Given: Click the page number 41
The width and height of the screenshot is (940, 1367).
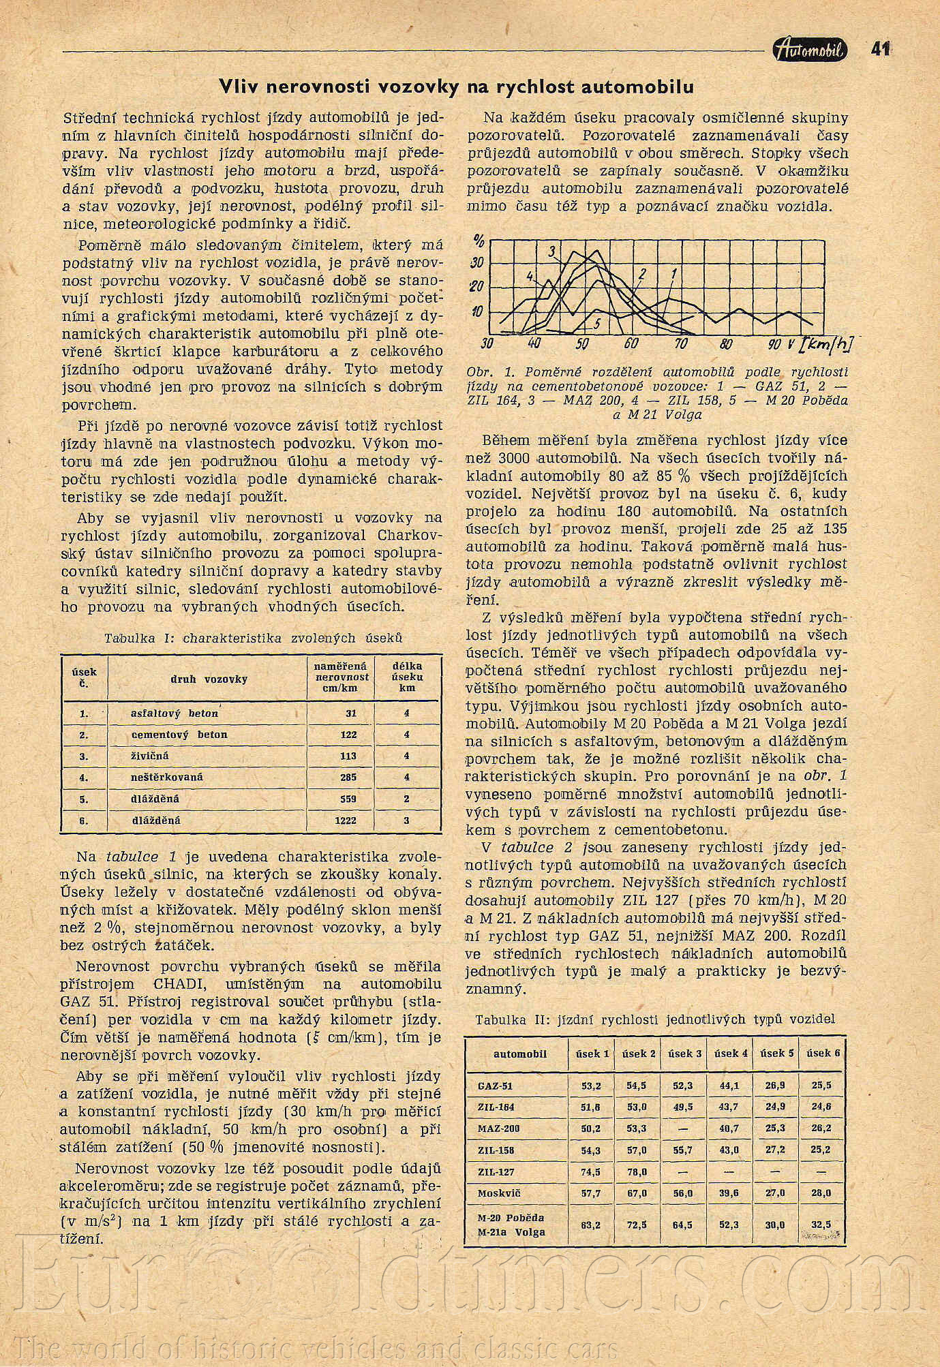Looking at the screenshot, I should (x=880, y=49).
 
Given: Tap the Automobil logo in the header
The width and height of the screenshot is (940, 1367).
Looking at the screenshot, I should (x=810, y=50).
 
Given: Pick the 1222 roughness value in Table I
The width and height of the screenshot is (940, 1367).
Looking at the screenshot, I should (x=346, y=820).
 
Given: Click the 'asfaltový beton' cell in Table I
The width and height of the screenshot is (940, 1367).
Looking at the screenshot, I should (x=174, y=713).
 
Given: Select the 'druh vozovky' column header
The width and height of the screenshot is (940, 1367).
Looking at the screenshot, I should (x=209, y=679).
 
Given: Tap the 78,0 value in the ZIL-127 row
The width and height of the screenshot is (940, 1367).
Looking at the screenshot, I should (x=637, y=1172).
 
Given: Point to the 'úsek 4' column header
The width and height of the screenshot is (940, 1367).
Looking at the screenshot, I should (x=730, y=1054).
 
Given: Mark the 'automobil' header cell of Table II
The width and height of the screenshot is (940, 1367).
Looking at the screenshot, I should (x=519, y=1054).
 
